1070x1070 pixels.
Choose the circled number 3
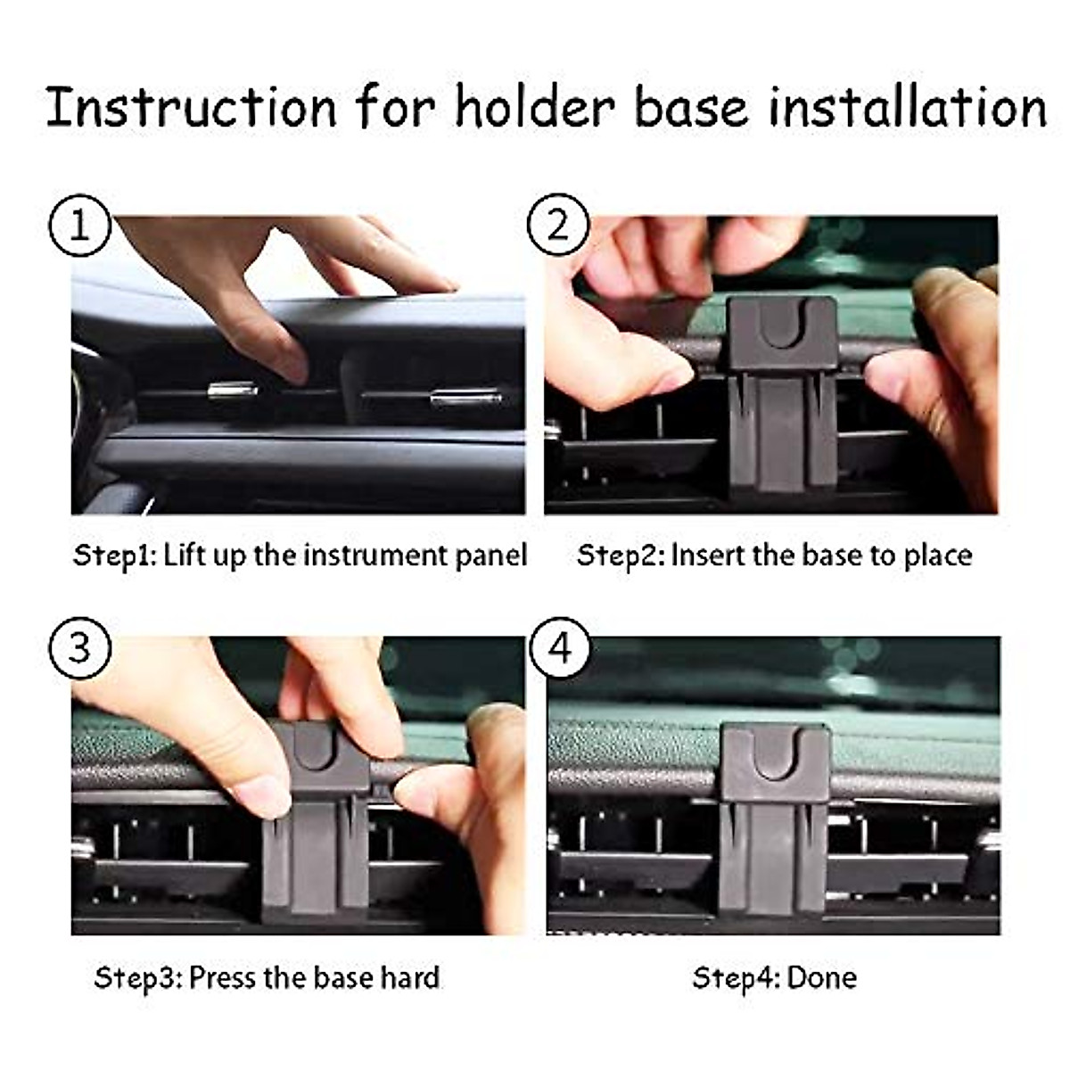79,646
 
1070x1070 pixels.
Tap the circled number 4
559,646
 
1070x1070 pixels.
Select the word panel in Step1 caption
491,556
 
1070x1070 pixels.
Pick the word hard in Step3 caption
409,978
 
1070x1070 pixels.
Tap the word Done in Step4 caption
821,978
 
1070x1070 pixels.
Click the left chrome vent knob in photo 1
233,391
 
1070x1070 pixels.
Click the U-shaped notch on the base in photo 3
312,747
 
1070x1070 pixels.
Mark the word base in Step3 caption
343,978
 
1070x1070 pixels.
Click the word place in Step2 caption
937,556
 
